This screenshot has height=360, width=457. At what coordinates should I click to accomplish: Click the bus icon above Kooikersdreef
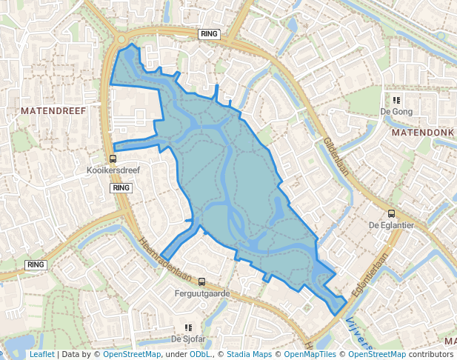pyautogui.click(x=113, y=159)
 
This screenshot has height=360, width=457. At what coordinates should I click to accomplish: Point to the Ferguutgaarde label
pyautogui.click(x=201, y=293)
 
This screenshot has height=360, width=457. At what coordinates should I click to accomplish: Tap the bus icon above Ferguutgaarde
pyautogui.click(x=201, y=281)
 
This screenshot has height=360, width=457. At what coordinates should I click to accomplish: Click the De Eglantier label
pyautogui.click(x=390, y=224)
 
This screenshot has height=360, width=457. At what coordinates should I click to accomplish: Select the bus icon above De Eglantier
pyautogui.click(x=391, y=213)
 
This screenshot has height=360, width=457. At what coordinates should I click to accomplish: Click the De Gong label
pyautogui.click(x=396, y=112)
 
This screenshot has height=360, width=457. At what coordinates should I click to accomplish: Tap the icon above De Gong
pyautogui.click(x=396, y=100)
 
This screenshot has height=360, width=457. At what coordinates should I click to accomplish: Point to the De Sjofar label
pyautogui.click(x=187, y=339)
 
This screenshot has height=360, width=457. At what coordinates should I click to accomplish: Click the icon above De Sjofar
pyautogui.click(x=188, y=327)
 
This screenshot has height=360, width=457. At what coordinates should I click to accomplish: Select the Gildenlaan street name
pyautogui.click(x=336, y=156)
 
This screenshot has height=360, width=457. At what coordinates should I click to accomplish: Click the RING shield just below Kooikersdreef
pyautogui.click(x=121, y=187)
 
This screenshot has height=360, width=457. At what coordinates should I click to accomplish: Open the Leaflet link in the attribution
pyautogui.click(x=41, y=355)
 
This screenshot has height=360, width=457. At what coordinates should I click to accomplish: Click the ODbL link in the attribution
pyautogui.click(x=200, y=355)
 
